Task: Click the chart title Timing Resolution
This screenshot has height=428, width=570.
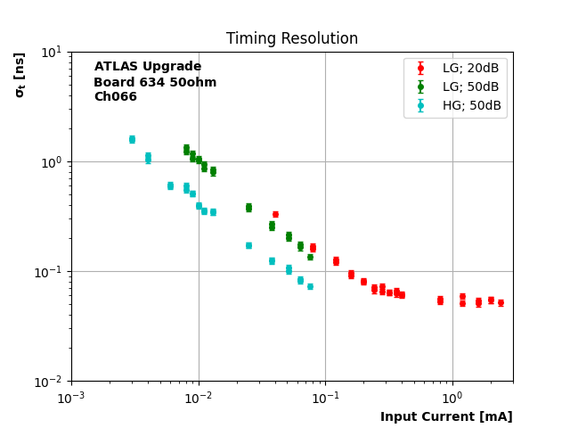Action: coord(292,39)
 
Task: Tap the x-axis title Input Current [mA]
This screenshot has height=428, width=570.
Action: coord(446,416)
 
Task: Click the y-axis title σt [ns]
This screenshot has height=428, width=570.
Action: coord(20,75)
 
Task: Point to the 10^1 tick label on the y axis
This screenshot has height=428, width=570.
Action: coord(50,52)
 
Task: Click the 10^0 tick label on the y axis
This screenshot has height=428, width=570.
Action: coord(50,161)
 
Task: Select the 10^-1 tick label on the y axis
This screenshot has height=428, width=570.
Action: coord(48,271)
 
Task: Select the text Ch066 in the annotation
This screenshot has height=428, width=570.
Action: coord(116,97)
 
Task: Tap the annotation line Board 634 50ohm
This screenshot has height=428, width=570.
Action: coord(155,82)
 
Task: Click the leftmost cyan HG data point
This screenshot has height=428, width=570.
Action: coord(132,139)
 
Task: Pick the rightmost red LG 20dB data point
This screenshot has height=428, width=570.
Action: coord(501,302)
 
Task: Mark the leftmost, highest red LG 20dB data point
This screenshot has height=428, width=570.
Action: coord(275,214)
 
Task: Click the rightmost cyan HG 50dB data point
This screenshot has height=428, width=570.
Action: coord(310,286)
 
